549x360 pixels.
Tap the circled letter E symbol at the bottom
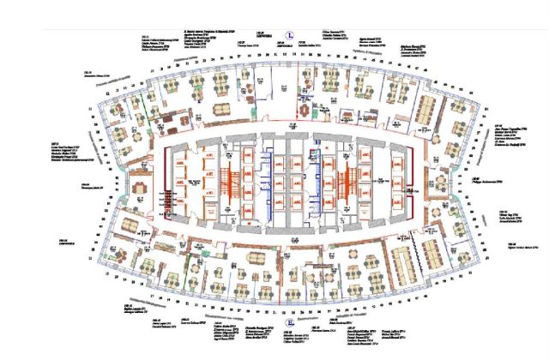(292, 323)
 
